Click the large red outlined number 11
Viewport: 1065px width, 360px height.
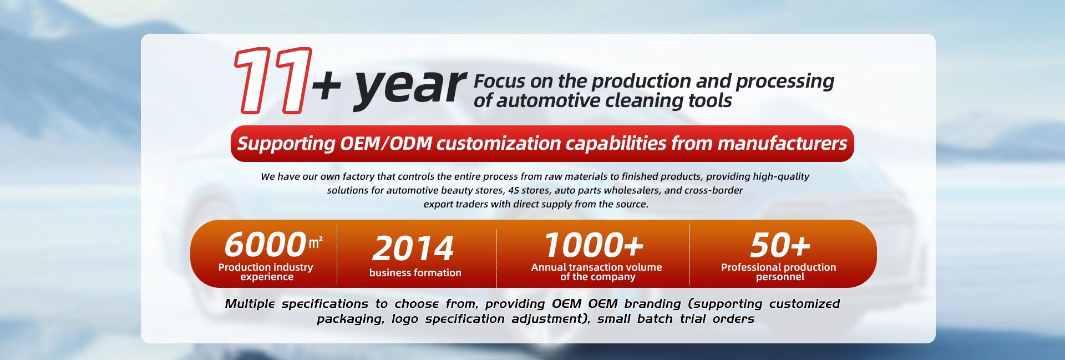click(x=273, y=80)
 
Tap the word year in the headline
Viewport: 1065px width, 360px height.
click(x=410, y=87)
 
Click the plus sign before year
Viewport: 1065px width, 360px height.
click(x=327, y=86)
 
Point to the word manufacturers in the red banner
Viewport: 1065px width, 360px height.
click(x=782, y=144)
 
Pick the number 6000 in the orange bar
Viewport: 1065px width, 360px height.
click(x=265, y=245)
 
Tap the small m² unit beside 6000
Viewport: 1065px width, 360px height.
click(x=316, y=242)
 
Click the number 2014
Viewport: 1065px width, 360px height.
click(x=413, y=248)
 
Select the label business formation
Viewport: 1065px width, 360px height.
click(x=415, y=273)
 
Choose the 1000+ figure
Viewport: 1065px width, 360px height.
click(x=594, y=245)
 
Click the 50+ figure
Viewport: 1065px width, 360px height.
click(x=780, y=245)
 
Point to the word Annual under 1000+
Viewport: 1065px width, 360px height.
click(x=549, y=267)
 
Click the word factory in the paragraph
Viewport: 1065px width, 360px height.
click(x=358, y=177)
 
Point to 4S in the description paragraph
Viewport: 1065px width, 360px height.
click(x=513, y=190)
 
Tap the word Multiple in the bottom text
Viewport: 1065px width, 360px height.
click(x=250, y=304)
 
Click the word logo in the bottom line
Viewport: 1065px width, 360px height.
click(x=404, y=319)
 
